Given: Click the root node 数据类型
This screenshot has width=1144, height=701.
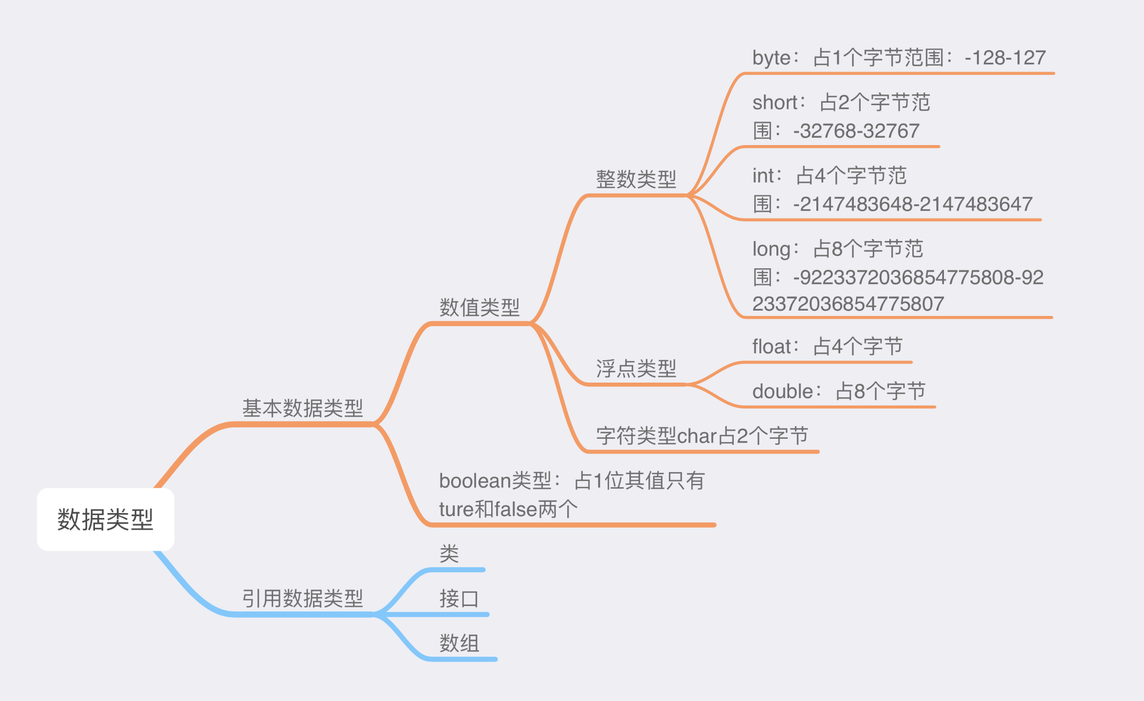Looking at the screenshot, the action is (105, 519).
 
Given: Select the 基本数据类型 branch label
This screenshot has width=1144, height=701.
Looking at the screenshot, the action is (302, 408).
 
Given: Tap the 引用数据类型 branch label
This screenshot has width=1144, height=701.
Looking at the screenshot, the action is (302, 598).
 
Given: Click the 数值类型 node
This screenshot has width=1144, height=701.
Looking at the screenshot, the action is (480, 308).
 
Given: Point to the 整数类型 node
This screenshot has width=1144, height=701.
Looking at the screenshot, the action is (636, 179).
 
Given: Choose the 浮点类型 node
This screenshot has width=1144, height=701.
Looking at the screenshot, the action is (636, 369).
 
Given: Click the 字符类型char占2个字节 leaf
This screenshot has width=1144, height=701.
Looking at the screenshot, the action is (702, 436).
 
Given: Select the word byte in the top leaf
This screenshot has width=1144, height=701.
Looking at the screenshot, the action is (771, 58).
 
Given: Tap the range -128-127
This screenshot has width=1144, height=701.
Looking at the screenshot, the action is (1005, 58).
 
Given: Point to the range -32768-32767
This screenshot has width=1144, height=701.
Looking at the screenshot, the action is (856, 131).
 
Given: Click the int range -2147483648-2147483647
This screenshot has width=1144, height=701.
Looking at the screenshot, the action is (912, 204).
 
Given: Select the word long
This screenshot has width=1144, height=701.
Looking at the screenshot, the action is (771, 249).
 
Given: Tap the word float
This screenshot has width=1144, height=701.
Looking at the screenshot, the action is (772, 347).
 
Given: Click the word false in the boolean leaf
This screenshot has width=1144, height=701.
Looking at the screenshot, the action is (516, 509).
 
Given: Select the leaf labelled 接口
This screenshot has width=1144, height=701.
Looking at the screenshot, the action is (459, 598).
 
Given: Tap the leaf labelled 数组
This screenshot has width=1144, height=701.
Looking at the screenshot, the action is (459, 643).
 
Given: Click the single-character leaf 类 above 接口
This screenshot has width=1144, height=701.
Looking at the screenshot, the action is (449, 553).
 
